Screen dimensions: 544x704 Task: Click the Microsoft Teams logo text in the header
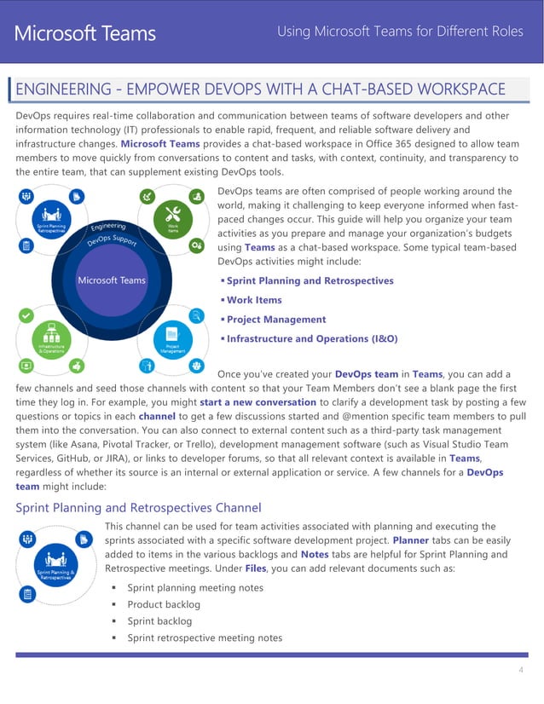point(84,33)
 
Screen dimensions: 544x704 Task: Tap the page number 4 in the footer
point(520,670)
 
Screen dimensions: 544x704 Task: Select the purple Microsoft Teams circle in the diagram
point(111,280)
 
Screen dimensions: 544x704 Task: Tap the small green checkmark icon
point(26,314)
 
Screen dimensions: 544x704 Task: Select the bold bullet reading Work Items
point(254,300)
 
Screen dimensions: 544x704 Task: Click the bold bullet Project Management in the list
point(276,319)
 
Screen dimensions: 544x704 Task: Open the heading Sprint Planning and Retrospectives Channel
point(138,508)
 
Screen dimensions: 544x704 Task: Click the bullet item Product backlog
point(164,604)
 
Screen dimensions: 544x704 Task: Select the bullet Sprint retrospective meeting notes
point(205,638)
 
